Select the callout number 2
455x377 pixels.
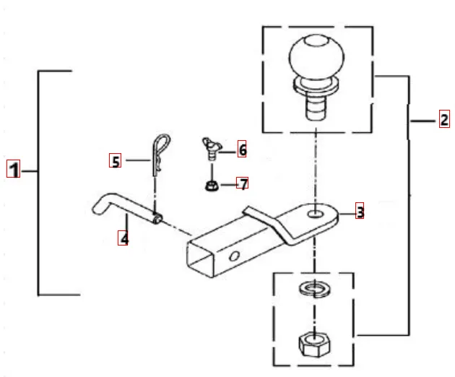[x=443, y=120]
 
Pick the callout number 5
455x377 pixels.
[x=115, y=160]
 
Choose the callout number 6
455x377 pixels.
[x=242, y=149]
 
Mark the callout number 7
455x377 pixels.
[x=243, y=183]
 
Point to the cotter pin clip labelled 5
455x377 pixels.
[x=158, y=155]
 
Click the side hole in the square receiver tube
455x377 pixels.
[x=235, y=256]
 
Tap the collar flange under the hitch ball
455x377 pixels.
[x=316, y=87]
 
